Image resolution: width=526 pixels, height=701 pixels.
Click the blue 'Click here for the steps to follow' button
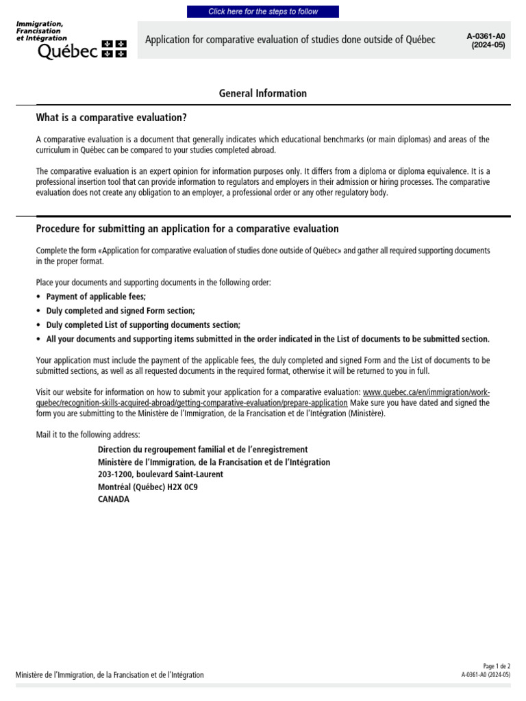point(263,12)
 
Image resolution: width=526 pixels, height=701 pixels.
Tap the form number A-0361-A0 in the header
point(486,36)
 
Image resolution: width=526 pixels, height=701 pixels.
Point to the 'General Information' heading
point(263,93)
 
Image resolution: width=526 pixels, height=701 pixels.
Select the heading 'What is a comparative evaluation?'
point(111,117)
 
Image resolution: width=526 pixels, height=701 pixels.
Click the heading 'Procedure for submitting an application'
point(187,229)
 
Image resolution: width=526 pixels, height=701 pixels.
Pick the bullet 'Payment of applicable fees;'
point(96,296)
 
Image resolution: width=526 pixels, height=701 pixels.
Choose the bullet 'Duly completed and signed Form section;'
point(121,311)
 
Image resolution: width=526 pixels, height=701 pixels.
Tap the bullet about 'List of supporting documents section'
point(143,325)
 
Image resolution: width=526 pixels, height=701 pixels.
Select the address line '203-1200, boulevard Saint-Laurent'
point(160,474)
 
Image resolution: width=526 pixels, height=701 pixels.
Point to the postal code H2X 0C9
point(180,487)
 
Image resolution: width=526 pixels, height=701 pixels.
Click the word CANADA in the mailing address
point(114,499)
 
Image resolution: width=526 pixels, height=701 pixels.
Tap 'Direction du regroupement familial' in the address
point(203,450)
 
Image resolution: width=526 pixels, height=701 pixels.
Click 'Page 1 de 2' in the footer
point(497,666)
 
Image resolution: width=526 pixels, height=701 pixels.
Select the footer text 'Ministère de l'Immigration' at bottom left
point(110,675)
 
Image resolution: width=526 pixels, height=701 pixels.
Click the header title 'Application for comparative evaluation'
point(290,40)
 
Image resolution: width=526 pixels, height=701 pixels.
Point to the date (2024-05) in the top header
point(488,45)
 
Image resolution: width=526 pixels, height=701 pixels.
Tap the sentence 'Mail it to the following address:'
point(87,435)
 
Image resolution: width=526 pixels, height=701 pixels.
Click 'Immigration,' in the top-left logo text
point(40,24)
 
